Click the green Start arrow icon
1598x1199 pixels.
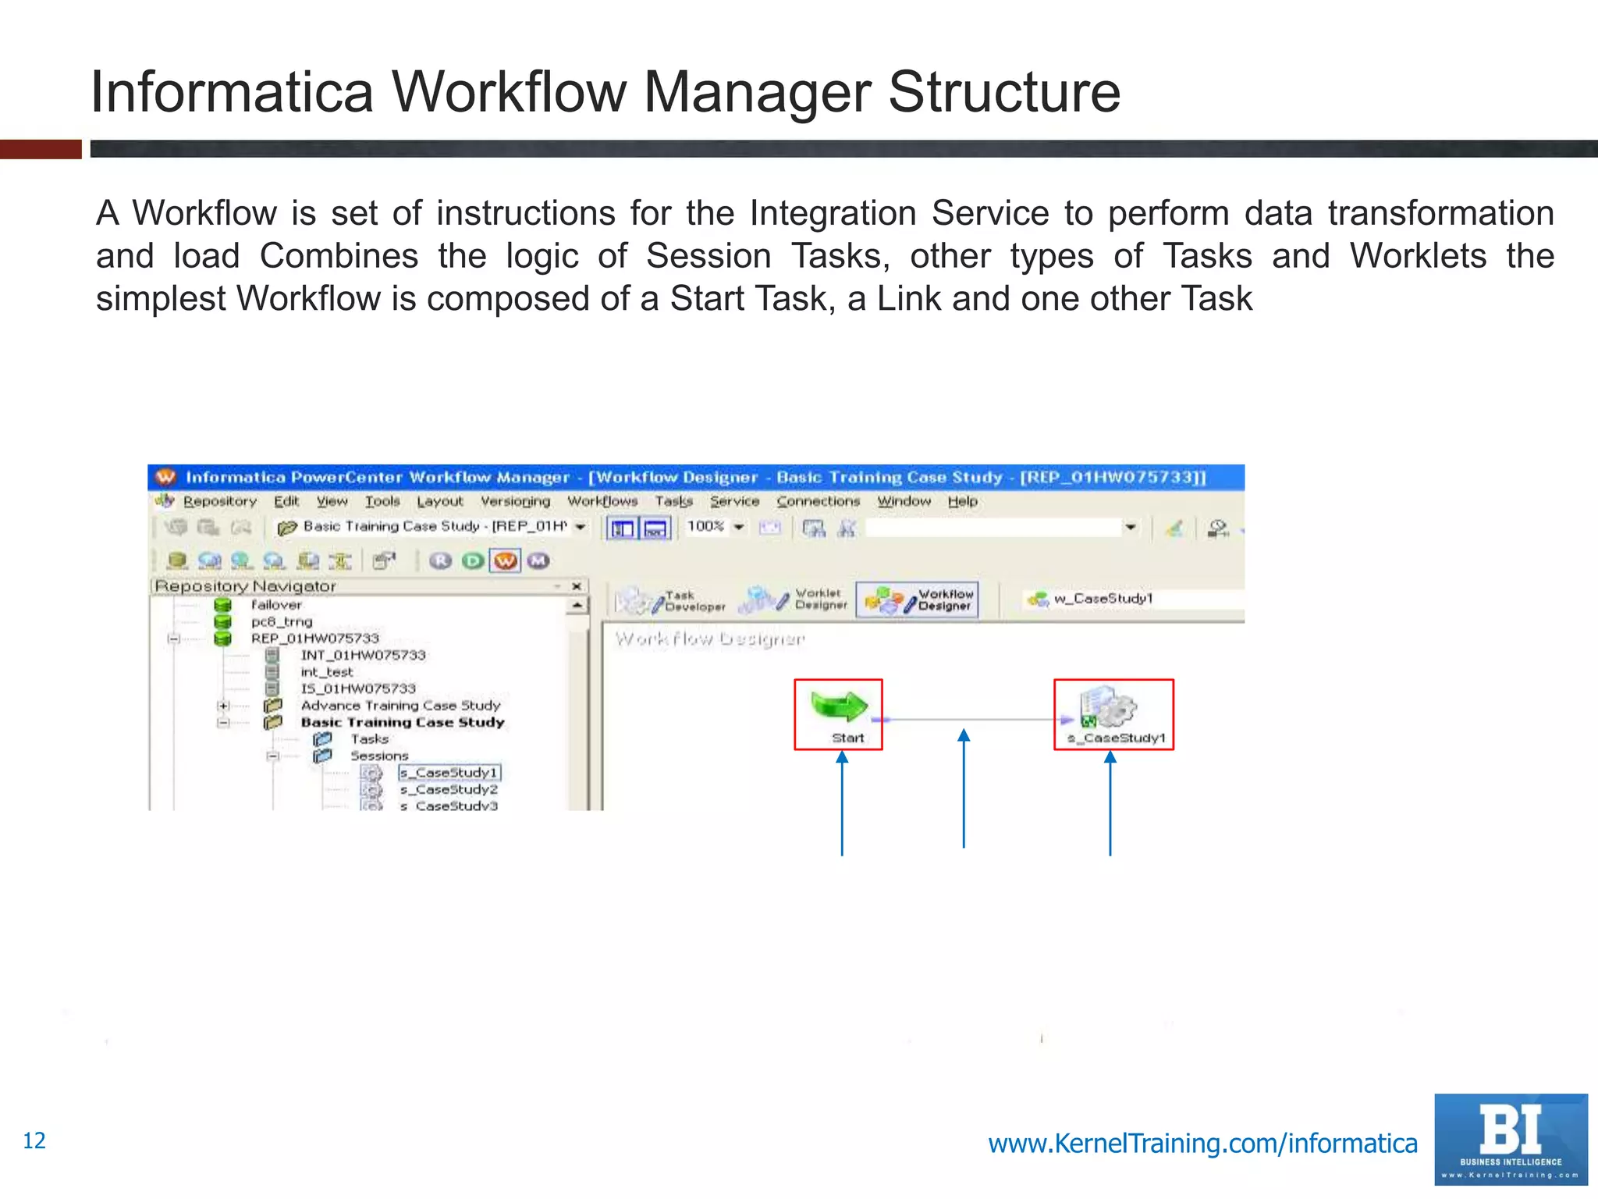pyautogui.click(x=839, y=706)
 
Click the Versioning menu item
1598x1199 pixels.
pyautogui.click(x=515, y=501)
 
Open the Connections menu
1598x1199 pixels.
pyautogui.click(x=818, y=501)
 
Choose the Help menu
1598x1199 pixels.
pyautogui.click(x=962, y=501)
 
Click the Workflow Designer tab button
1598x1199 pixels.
pyautogui.click(x=918, y=599)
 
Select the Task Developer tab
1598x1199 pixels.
pyautogui.click(x=672, y=600)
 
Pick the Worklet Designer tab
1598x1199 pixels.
pyautogui.click(x=794, y=599)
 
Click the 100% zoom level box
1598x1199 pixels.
pyautogui.click(x=706, y=527)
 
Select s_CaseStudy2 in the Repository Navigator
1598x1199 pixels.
pyautogui.click(x=449, y=789)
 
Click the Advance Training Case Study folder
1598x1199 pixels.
pyautogui.click(x=400, y=705)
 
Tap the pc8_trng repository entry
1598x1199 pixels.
pyautogui.click(x=282, y=621)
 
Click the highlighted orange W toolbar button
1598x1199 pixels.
pyautogui.click(x=505, y=560)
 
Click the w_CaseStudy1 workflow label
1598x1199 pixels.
pyautogui.click(x=1103, y=599)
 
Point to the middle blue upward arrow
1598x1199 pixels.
pyautogui.click(x=964, y=788)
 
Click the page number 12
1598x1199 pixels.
pyautogui.click(x=34, y=1140)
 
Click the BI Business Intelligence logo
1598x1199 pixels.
pyautogui.click(x=1510, y=1140)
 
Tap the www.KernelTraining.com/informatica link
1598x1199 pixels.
pyautogui.click(x=1202, y=1143)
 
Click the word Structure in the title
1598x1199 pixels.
pyautogui.click(x=1003, y=92)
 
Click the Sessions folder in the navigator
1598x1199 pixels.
pyautogui.click(x=378, y=756)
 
